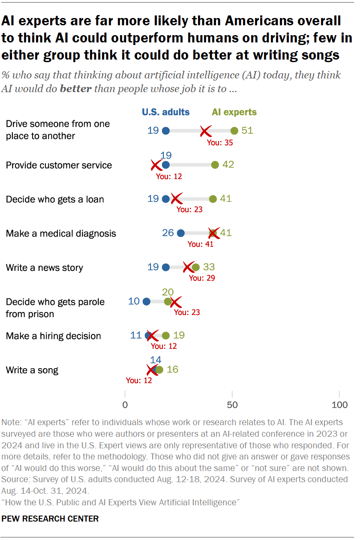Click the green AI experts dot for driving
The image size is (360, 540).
234,131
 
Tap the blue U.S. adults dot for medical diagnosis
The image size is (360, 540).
180,233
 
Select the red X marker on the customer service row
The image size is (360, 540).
156,165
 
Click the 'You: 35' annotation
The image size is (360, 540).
220,143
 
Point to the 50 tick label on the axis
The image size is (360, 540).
232,405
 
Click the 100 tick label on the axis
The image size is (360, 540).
339,405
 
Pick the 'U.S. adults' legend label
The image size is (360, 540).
166,112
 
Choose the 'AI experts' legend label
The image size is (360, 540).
234,112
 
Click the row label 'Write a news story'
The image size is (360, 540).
45,268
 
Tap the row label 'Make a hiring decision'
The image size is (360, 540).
54,336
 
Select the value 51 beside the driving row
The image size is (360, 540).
247,130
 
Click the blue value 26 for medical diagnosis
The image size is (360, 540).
168,233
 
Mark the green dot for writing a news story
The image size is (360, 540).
195,267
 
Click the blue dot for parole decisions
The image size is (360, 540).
146,302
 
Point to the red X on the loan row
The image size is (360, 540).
176,199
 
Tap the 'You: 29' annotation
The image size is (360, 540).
202,278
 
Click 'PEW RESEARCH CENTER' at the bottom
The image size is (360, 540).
50,519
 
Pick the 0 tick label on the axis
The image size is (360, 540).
125,405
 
